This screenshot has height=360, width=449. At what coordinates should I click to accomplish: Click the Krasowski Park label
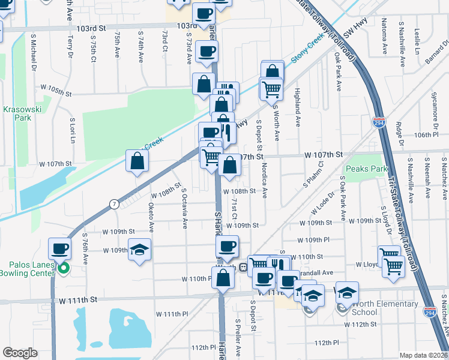pos(20,114)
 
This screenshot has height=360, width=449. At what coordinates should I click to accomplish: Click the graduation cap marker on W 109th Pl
pos(139,250)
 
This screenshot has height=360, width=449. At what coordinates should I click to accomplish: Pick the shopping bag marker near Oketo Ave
pos(137,161)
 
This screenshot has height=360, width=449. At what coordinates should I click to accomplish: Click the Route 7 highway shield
pos(113,205)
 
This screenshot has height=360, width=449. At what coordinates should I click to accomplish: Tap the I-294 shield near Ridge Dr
pos(379,123)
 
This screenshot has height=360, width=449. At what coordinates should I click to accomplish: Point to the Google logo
pos(20,353)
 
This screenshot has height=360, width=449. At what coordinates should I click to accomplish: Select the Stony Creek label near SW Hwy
pos(307,52)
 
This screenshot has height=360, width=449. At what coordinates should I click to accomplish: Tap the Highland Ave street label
pos(297,97)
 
